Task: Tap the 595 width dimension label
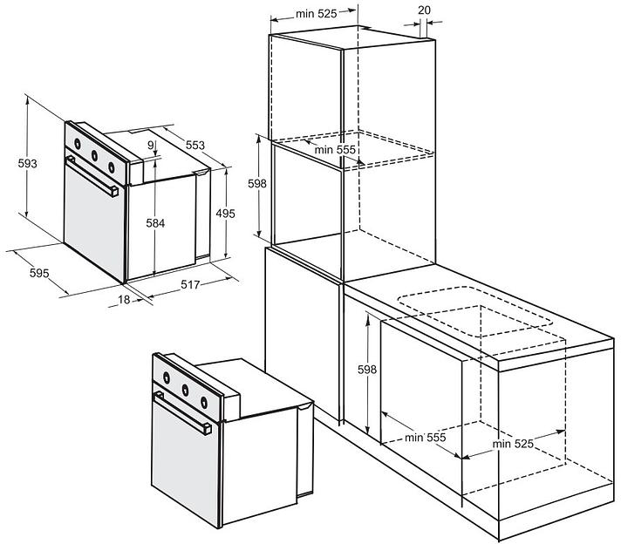[39, 274]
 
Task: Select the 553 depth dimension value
[194, 146]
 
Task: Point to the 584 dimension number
[155, 223]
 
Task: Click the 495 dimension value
[226, 214]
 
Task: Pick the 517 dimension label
[192, 284]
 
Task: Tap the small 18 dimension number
[125, 300]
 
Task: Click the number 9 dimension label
[150, 146]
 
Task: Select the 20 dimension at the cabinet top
[424, 10]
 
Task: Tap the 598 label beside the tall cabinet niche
[256, 184]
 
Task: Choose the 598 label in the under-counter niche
[367, 370]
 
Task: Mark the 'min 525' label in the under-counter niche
[513, 444]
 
